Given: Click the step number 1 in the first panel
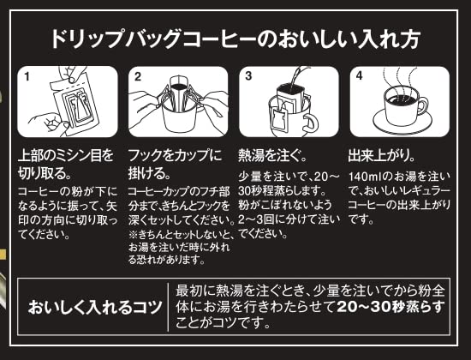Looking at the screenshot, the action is point(27,77).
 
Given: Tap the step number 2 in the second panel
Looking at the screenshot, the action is point(138,76).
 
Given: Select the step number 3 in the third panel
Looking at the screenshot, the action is point(248,76).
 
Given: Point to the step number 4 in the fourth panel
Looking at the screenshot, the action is point(360,75).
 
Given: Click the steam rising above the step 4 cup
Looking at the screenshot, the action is point(401,79).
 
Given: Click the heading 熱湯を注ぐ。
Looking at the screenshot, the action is point(272,155).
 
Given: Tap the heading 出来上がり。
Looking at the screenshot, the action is point(382,155).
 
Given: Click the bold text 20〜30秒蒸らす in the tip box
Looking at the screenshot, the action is point(391,307).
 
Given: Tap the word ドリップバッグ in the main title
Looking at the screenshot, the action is point(116,39).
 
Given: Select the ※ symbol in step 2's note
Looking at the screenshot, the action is point(133,233).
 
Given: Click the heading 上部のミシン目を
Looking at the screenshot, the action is point(66,155).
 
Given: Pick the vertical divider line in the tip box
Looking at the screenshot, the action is point(168,307).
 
